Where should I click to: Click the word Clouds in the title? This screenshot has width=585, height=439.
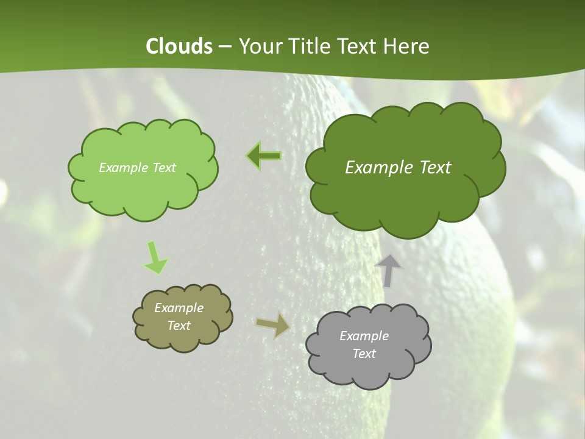(179, 46)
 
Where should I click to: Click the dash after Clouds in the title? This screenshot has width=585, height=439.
(225, 47)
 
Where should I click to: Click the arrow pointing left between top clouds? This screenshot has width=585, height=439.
(264, 156)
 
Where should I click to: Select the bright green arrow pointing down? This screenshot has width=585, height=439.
(155, 257)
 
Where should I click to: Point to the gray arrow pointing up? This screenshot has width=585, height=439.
(388, 269)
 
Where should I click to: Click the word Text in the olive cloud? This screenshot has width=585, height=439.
(179, 326)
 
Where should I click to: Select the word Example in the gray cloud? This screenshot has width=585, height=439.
(364, 336)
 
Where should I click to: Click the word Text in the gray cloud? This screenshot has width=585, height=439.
(364, 354)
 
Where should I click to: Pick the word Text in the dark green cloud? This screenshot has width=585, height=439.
(436, 168)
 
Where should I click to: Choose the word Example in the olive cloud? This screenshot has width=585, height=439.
(179, 308)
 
